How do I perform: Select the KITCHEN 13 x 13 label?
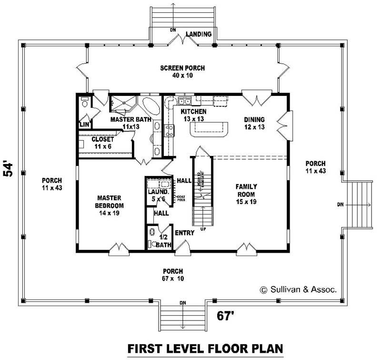click(193, 115)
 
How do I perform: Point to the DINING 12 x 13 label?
click(254, 123)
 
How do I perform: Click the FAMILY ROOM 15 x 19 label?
click(247, 195)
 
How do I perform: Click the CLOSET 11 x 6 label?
click(102, 143)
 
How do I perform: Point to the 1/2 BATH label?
click(163, 241)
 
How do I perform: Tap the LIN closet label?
click(84, 124)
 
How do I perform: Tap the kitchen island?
click(209, 128)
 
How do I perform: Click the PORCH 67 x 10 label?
click(173, 274)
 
